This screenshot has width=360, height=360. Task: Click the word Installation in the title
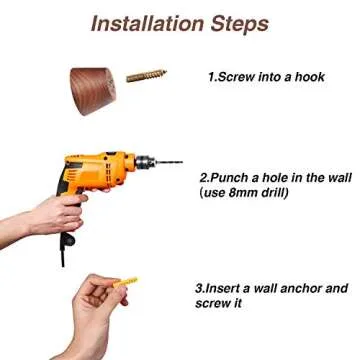148,24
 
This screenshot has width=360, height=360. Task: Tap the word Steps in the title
239,25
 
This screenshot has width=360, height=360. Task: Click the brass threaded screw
146,76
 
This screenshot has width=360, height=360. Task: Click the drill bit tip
182,162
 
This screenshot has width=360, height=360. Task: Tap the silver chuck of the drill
145,162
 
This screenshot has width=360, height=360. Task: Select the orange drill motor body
98,172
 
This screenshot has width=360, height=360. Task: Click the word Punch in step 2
230,178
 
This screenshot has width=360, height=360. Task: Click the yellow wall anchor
125,282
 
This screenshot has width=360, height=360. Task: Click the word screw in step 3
211,304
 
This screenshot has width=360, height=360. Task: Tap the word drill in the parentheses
272,193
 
